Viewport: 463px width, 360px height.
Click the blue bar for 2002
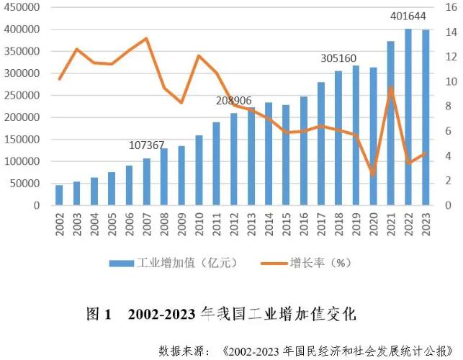coord(59,195)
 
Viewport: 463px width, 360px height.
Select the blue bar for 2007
coord(147,181)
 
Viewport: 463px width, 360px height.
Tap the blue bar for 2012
coord(234,159)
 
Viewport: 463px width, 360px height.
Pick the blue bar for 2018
coord(338,138)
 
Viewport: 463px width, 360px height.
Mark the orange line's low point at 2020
coord(373,174)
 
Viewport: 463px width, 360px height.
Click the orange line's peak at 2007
coord(147,38)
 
